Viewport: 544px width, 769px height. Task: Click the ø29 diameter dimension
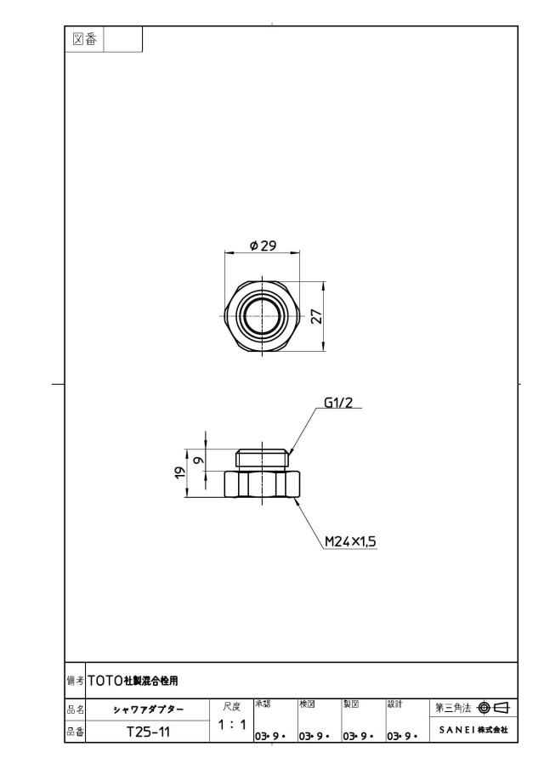[263, 246]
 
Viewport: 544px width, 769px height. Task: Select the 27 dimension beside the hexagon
[317, 316]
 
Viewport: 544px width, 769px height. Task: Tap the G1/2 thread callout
[338, 403]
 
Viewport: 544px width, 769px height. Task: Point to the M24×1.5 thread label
[350, 541]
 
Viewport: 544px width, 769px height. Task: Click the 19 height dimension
[180, 472]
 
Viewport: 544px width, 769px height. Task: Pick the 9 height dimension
[199, 461]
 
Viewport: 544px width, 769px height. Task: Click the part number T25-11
[148, 732]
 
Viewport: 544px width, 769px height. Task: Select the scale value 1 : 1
[232, 724]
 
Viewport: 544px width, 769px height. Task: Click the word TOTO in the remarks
[105, 681]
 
